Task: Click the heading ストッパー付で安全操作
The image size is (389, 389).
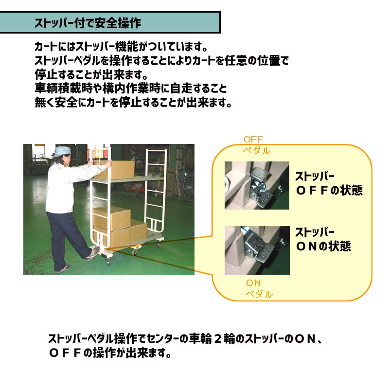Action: pyautogui.click(x=88, y=23)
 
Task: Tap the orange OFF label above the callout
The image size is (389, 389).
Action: pyautogui.click(x=253, y=140)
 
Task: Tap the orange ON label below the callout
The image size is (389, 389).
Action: pyautogui.click(x=253, y=283)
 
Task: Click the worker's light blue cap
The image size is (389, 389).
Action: pyautogui.click(x=62, y=151)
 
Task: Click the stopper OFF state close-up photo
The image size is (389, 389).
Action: pyautogui.click(x=257, y=185)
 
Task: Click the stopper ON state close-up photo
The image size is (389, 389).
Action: pyautogui.click(x=257, y=250)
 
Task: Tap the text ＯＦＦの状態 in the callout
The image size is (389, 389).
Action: pyautogui.click(x=329, y=191)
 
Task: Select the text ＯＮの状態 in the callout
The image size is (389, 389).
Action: pyautogui.click(x=323, y=247)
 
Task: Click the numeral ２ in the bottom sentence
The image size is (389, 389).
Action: pyautogui.click(x=217, y=339)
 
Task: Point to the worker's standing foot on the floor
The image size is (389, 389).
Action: pyautogui.click(x=63, y=269)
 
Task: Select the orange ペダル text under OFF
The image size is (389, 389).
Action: pyautogui.click(x=256, y=151)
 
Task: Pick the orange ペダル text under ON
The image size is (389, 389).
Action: pyautogui.click(x=259, y=294)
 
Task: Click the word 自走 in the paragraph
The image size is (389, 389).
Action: pyautogui.click(x=181, y=88)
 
